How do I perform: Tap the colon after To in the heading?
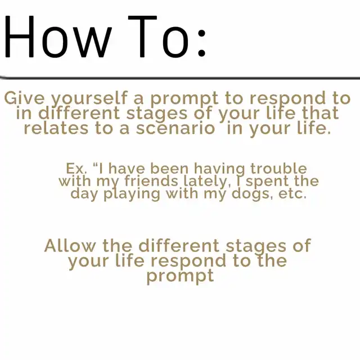pos(201,43)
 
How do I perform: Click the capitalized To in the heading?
pos(159,37)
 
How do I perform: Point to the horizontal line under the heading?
pos(180,78)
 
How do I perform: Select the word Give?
pos(24,98)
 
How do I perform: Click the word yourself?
pos(89,99)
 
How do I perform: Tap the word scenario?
pos(175,129)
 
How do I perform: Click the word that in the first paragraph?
pos(321,113)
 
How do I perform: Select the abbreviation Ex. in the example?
pos(76,169)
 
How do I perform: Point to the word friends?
pos(151,181)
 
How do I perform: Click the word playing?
pos(132,194)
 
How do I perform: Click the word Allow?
pos(70,246)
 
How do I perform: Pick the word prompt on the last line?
pos(181,276)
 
